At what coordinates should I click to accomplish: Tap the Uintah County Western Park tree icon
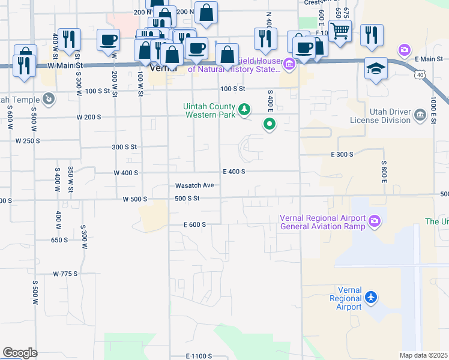click(244, 109)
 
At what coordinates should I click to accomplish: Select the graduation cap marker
click(375, 69)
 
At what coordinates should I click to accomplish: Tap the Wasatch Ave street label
click(194, 185)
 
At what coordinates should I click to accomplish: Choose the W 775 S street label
click(65, 274)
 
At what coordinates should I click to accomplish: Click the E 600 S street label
click(195, 224)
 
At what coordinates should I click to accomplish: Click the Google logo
click(20, 353)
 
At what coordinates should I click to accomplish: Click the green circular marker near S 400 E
click(270, 125)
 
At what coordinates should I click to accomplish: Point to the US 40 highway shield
click(420, 74)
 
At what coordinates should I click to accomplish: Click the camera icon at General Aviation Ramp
click(375, 221)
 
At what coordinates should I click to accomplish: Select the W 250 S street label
click(28, 140)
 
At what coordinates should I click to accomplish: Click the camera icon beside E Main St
click(405, 49)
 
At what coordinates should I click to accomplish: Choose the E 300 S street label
click(342, 154)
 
